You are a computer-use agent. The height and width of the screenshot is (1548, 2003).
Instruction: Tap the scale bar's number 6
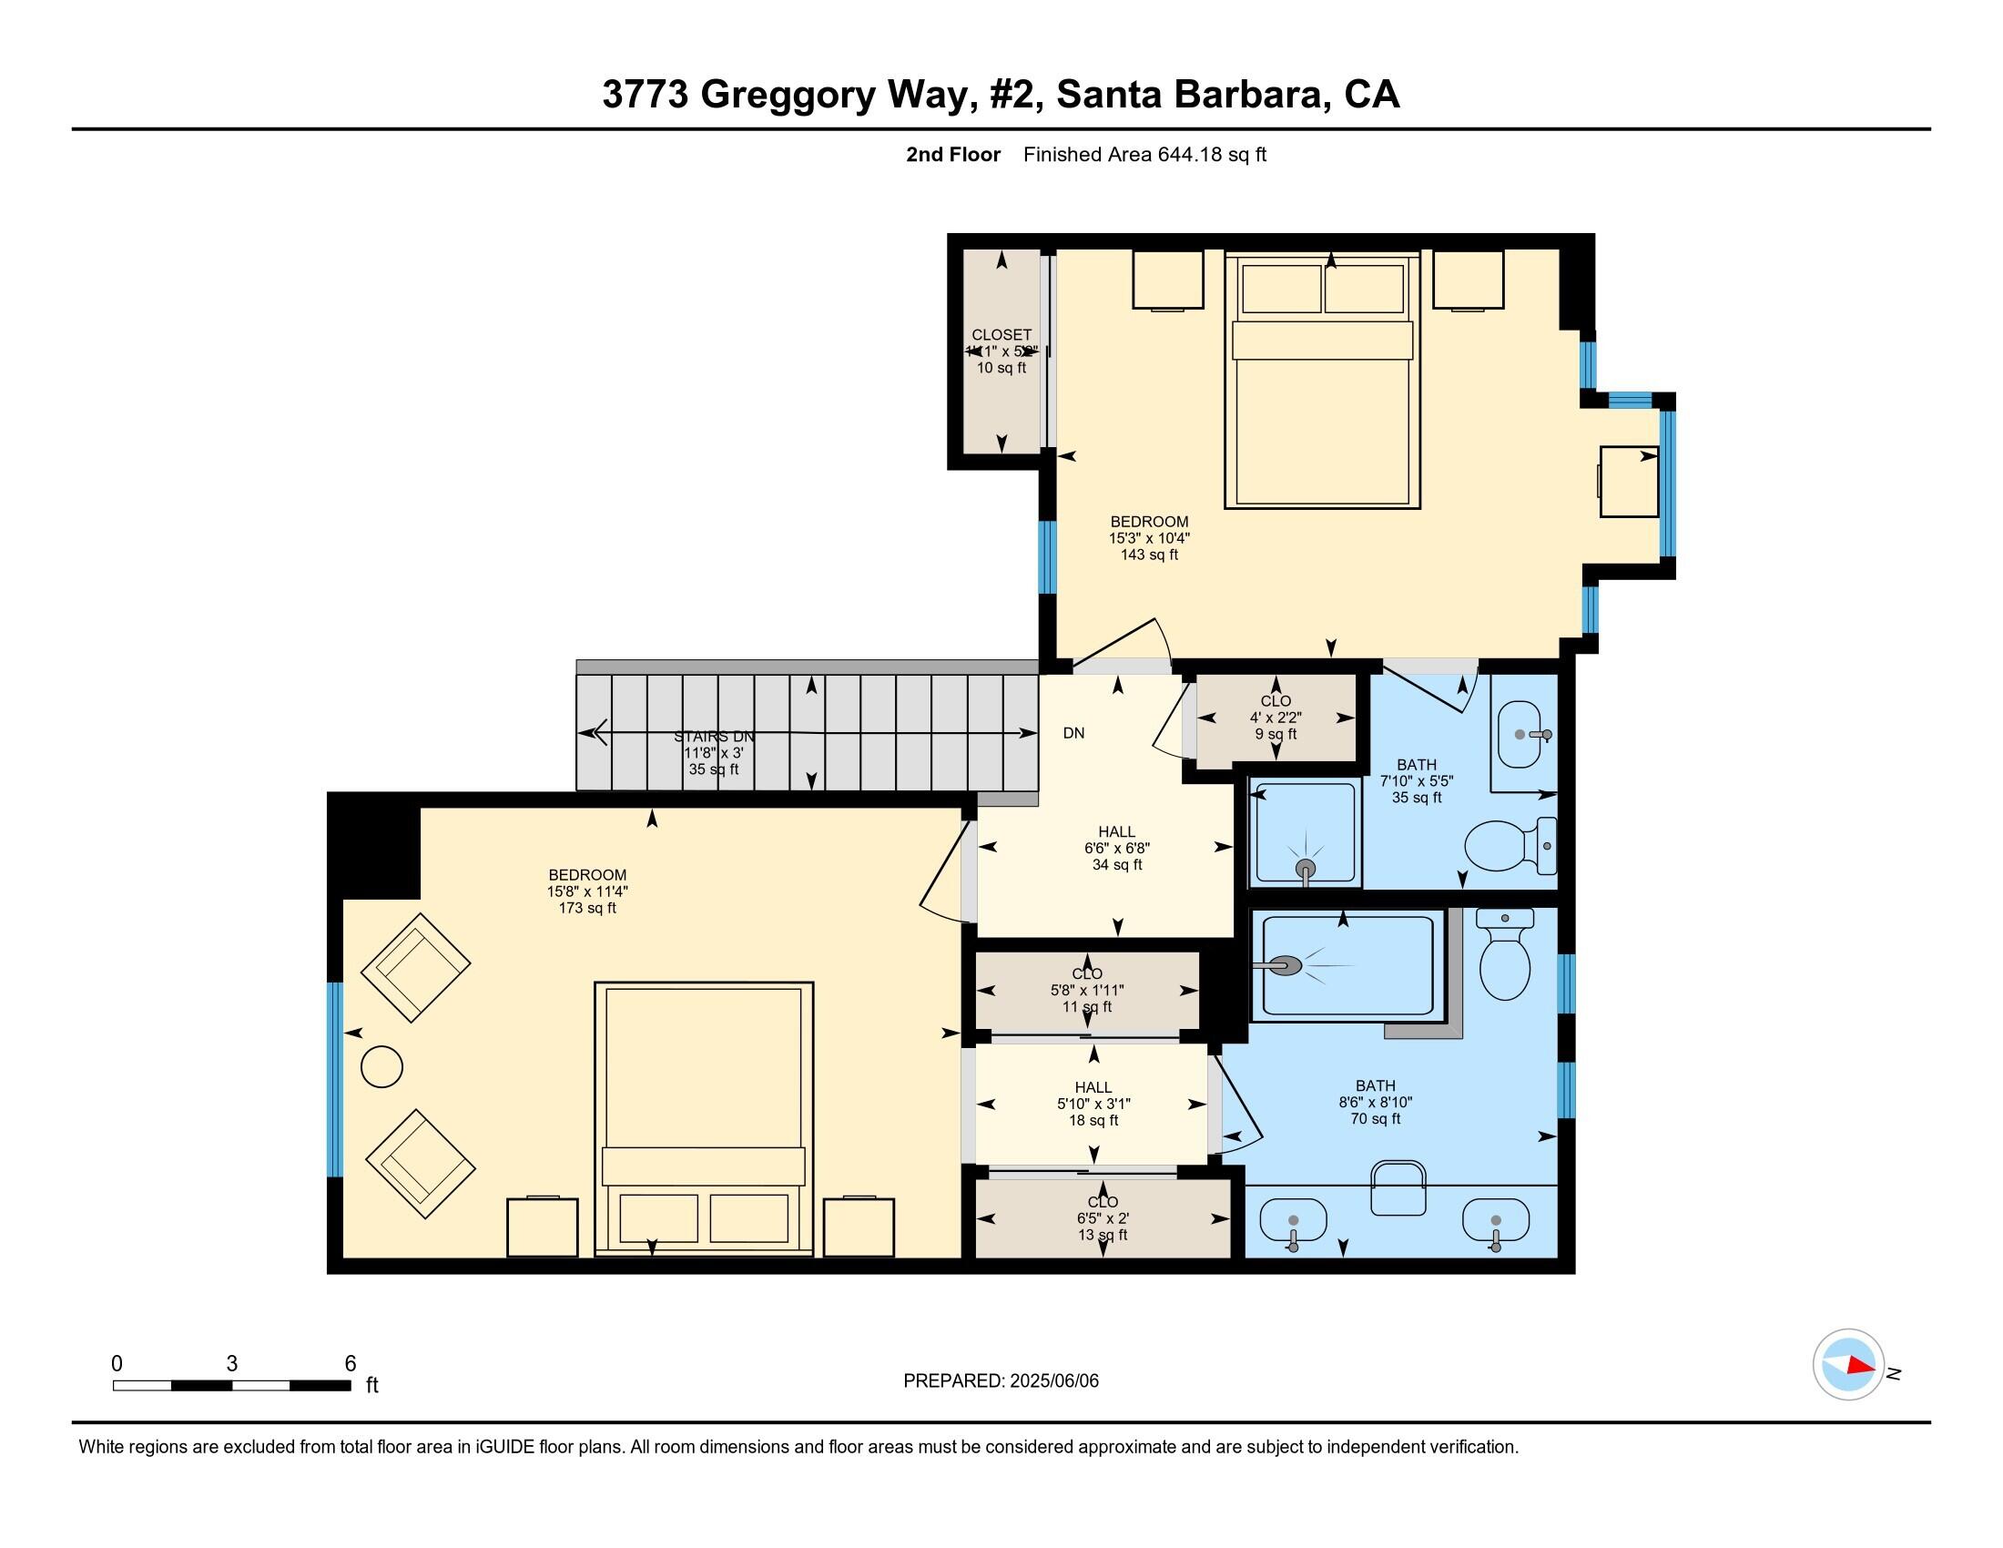350,1364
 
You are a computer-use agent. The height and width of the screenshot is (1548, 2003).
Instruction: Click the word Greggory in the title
788,95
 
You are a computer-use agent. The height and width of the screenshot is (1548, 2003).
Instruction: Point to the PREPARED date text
1001,1381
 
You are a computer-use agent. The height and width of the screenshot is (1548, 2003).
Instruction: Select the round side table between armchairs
381,1067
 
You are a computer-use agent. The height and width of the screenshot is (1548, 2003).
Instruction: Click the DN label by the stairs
1073,734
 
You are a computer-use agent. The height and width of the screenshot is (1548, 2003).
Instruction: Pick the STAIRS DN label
714,737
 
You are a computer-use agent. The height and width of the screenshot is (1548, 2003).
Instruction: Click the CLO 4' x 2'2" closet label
1276,718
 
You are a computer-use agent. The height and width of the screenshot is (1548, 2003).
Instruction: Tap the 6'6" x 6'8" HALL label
1116,849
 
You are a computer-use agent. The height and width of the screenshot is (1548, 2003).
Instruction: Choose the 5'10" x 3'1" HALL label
1093,1104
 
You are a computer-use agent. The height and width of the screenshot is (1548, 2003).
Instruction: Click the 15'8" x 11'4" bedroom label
587,891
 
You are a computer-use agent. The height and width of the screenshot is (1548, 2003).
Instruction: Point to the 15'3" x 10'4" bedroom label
1149,538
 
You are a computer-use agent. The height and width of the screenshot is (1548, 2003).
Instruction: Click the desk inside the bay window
1628,482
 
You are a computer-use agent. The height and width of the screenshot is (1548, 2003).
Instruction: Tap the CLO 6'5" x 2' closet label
1103,1217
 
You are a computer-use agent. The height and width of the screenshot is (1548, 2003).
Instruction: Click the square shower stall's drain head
1305,868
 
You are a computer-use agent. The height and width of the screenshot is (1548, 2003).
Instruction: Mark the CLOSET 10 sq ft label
1001,351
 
